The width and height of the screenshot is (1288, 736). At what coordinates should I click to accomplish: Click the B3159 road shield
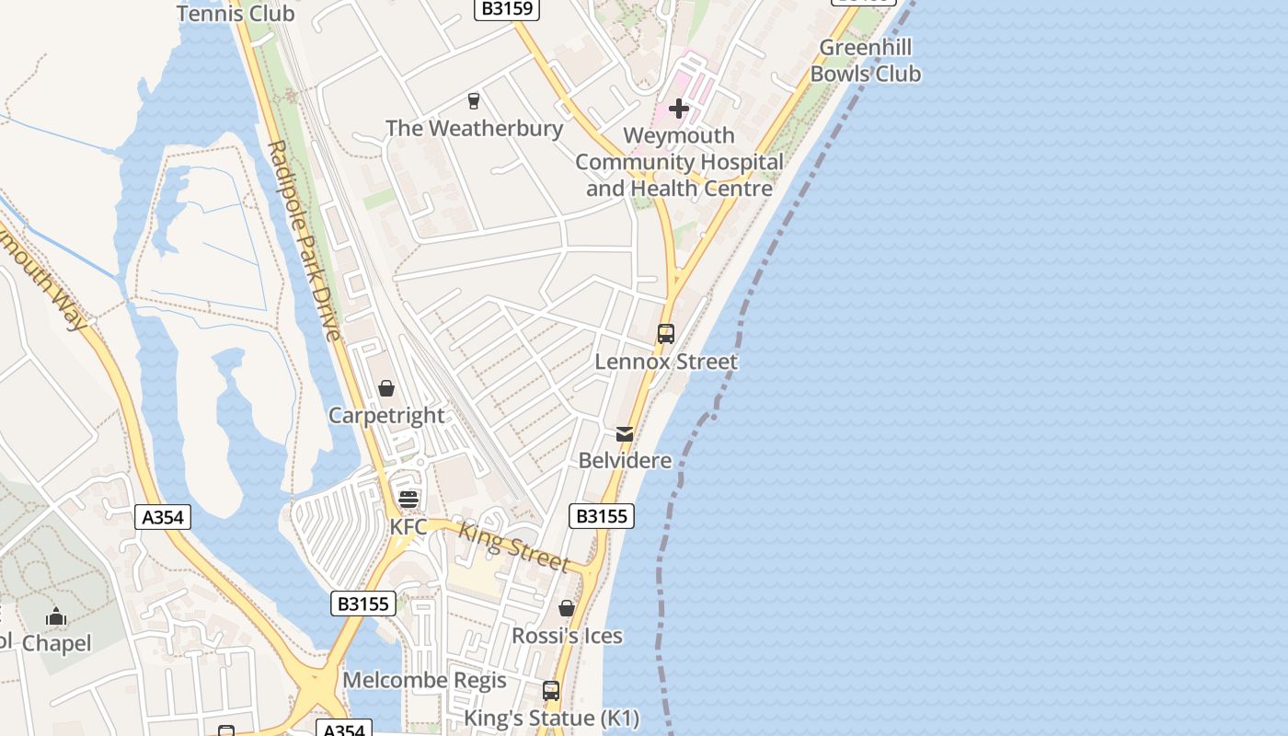[x=507, y=8]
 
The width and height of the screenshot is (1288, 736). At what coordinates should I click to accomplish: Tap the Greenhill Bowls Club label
[x=865, y=61]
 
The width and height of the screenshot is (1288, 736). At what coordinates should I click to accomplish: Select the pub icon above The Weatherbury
[x=474, y=100]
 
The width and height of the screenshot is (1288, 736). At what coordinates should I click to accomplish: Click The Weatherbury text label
[x=474, y=128]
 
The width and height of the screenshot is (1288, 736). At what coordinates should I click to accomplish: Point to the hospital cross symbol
[x=679, y=109]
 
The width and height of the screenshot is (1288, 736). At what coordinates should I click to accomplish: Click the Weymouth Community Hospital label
[x=679, y=162]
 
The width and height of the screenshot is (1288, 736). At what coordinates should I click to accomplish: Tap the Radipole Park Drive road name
[x=304, y=239]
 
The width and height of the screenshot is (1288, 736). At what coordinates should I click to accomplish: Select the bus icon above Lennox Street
[x=666, y=334]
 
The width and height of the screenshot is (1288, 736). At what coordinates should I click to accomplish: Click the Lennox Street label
[x=666, y=362]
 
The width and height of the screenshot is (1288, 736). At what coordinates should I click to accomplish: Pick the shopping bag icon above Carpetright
[x=386, y=388]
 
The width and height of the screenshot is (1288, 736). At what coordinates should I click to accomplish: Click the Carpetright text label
[x=386, y=416]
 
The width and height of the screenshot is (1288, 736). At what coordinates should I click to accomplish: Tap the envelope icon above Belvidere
[x=625, y=433]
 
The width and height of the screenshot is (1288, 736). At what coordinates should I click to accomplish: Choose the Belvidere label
[x=625, y=460]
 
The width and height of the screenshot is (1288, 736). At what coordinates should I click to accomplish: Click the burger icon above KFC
[x=408, y=500]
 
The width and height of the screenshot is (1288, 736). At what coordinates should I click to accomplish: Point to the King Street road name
[x=513, y=547]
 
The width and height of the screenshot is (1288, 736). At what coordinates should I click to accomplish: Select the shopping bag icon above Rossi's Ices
[x=567, y=608]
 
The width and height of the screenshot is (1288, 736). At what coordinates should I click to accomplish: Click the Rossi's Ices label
[x=567, y=636]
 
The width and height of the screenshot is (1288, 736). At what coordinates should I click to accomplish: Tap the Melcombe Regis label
[x=424, y=680]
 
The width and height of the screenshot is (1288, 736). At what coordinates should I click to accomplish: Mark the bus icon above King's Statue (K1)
[x=551, y=690]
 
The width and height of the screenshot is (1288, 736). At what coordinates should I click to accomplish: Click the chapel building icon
[x=56, y=616]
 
